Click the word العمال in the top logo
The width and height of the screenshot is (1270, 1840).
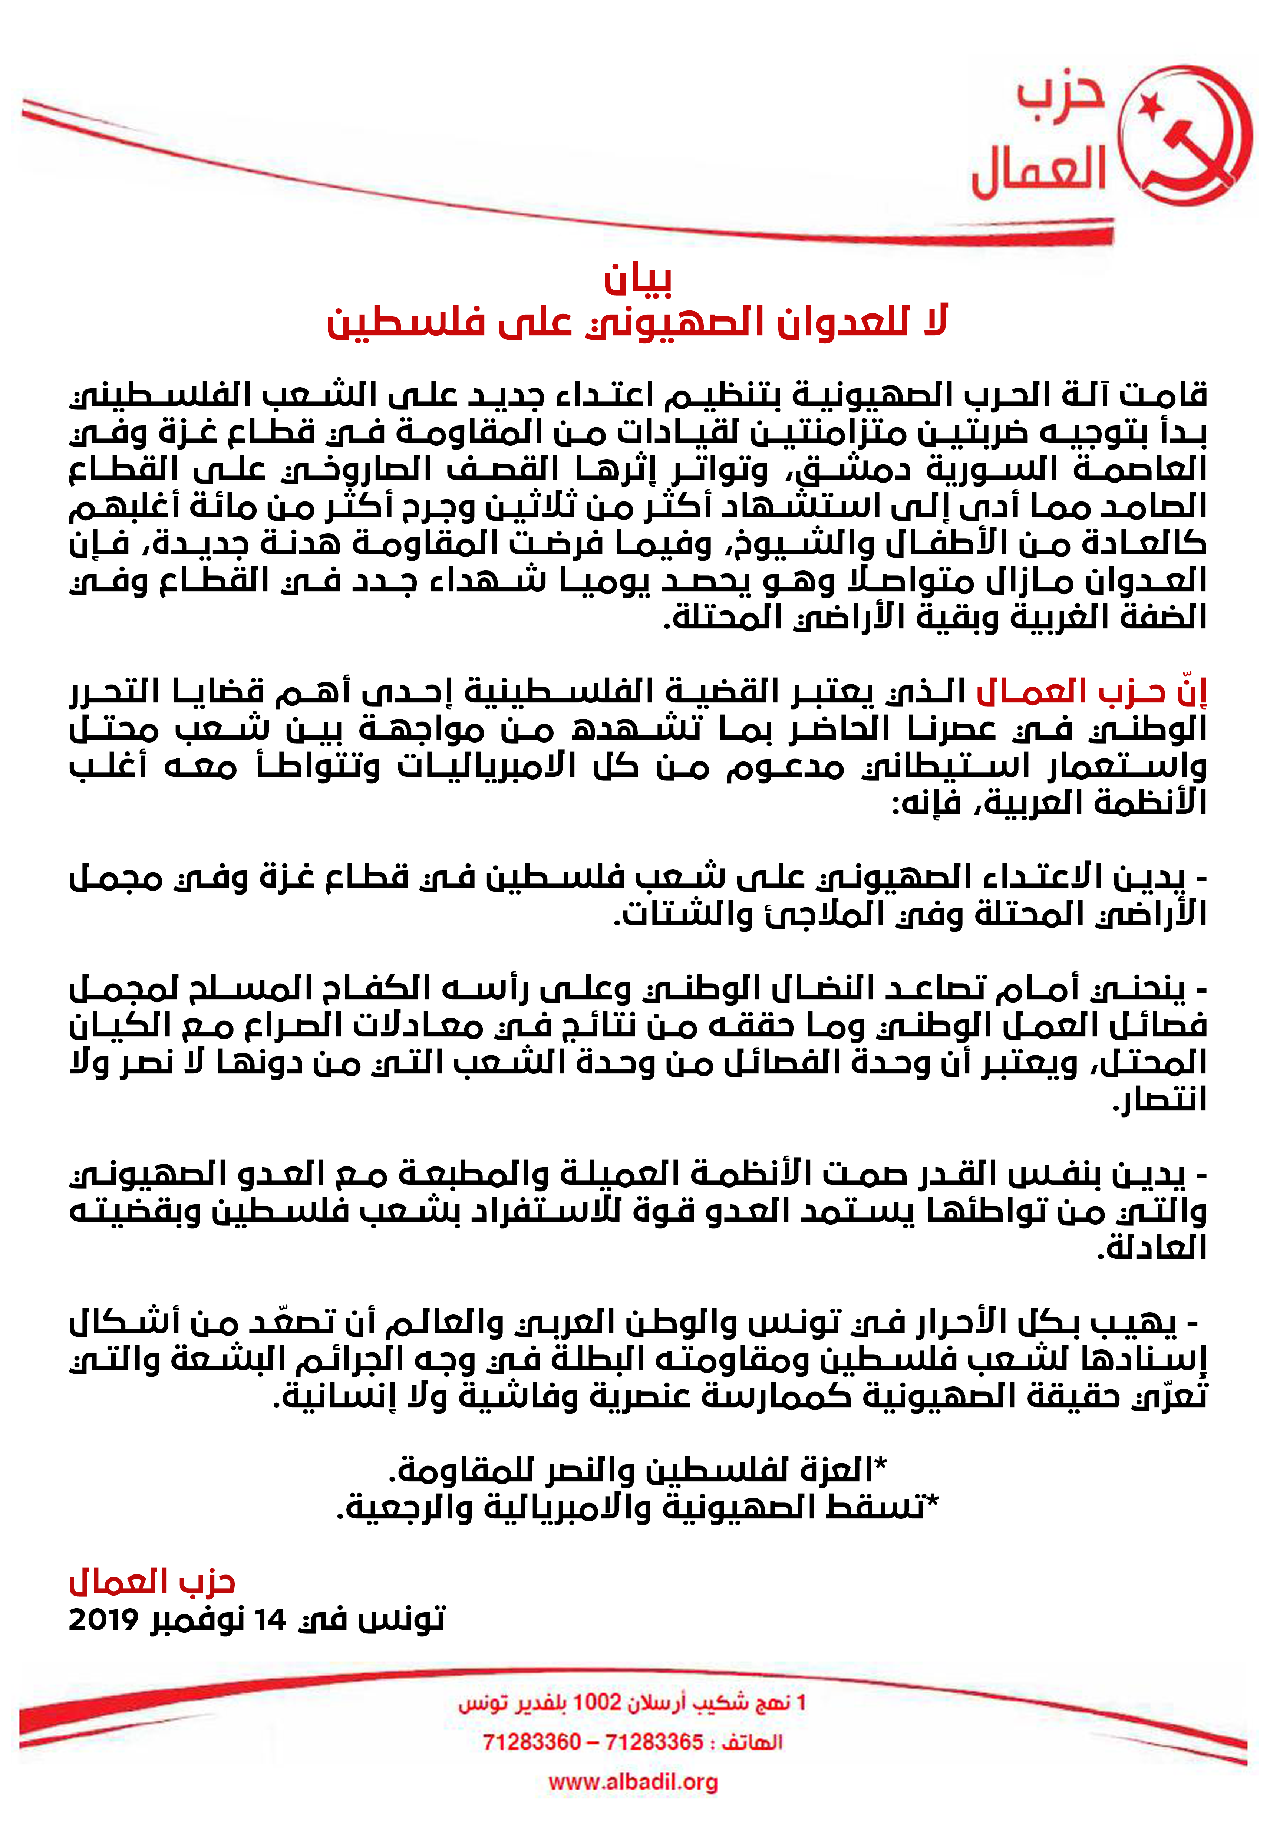tap(1039, 171)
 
